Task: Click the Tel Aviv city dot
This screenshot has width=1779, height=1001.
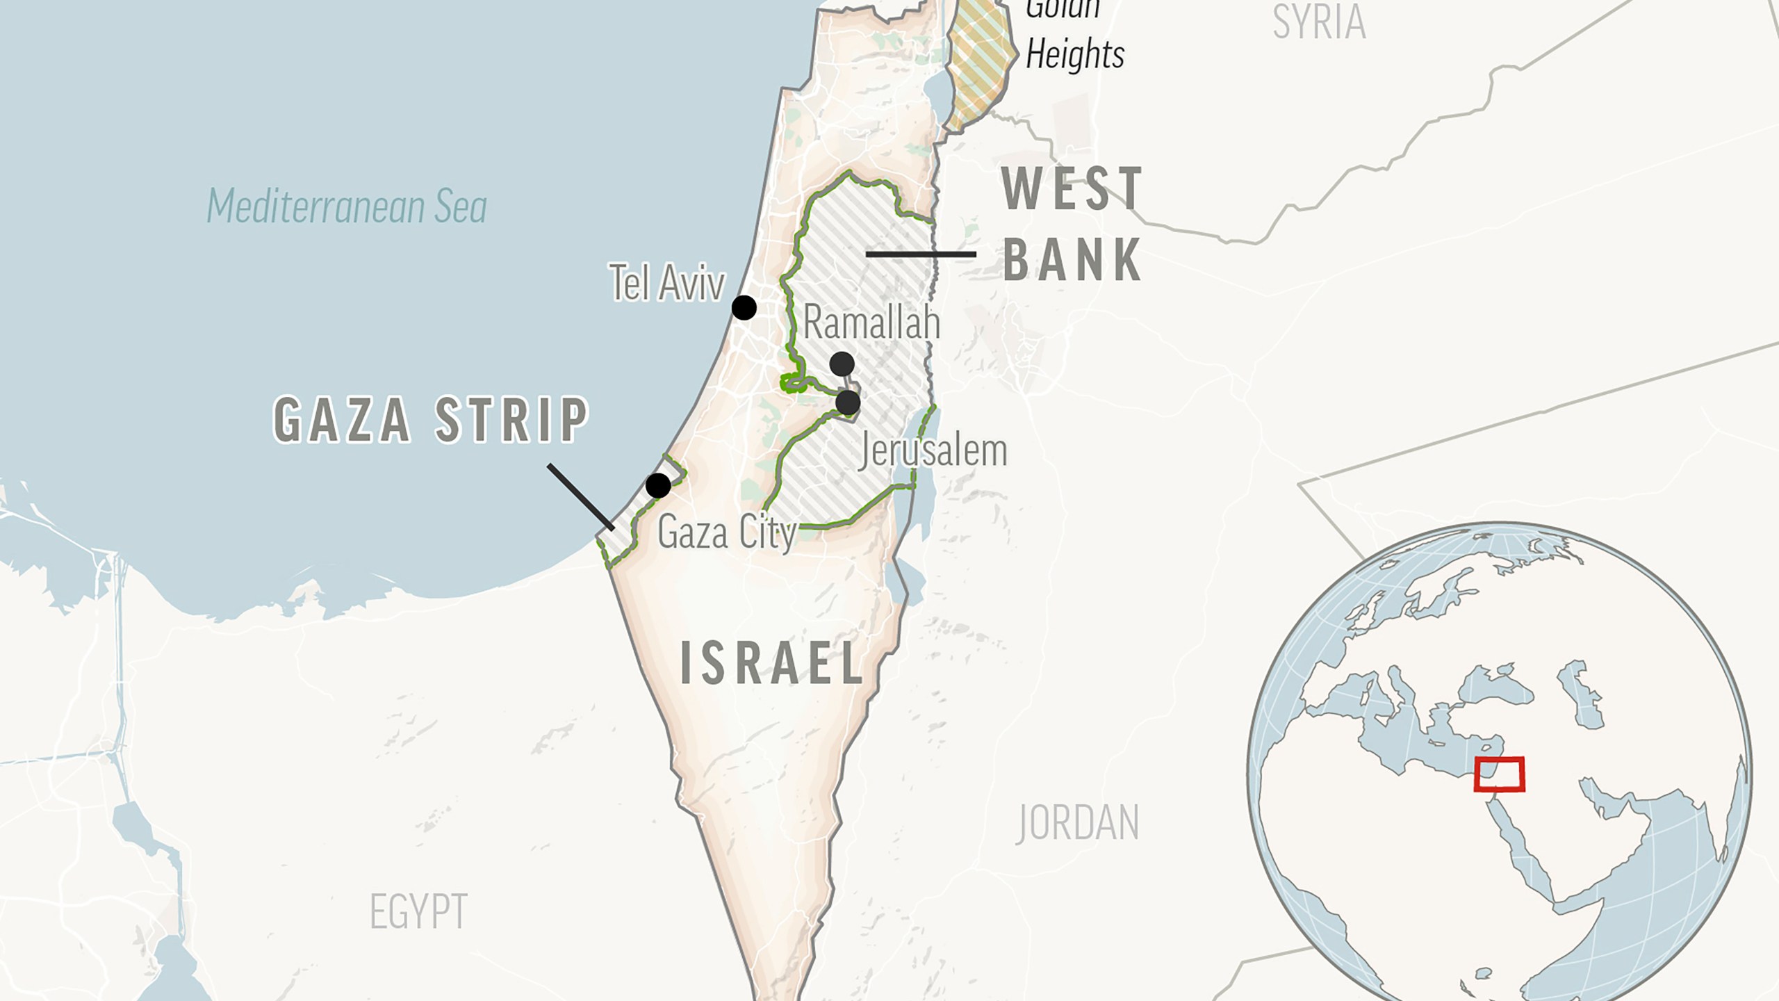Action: [x=744, y=307]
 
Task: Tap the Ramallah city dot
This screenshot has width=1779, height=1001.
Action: [x=842, y=364]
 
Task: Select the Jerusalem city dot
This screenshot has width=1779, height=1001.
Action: [x=848, y=402]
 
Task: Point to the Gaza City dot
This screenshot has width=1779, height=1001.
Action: [x=658, y=485]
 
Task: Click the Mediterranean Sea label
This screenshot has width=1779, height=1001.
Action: [x=347, y=206]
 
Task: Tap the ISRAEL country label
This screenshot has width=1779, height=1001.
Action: [x=772, y=664]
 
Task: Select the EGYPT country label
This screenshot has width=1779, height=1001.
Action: [x=418, y=911]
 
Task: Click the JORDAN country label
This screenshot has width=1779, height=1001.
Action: [x=1078, y=823]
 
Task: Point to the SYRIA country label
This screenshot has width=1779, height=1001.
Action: [x=1318, y=22]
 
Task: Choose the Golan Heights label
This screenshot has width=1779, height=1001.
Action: [x=1074, y=35]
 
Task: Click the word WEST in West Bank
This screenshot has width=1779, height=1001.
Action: [x=1072, y=189]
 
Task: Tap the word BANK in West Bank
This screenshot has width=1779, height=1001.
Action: [x=1072, y=260]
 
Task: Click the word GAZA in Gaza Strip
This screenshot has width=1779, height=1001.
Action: [x=343, y=420]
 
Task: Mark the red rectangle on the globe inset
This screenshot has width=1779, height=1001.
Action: [x=1499, y=774]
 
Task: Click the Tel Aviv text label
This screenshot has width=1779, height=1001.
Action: [x=667, y=283]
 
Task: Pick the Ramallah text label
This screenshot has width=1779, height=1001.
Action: [x=871, y=323]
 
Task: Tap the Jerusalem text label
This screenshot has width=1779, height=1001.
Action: [x=933, y=450]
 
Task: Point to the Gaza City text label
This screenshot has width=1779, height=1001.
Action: [x=726, y=533]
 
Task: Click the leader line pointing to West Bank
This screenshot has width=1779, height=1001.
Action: [x=921, y=254]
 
